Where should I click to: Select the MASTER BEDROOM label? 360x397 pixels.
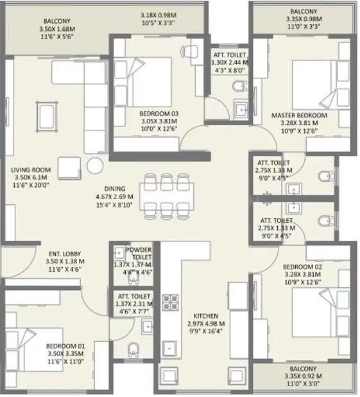point(299,116)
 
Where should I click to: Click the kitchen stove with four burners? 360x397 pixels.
point(169,302)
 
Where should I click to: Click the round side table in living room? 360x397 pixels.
point(96,164)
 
